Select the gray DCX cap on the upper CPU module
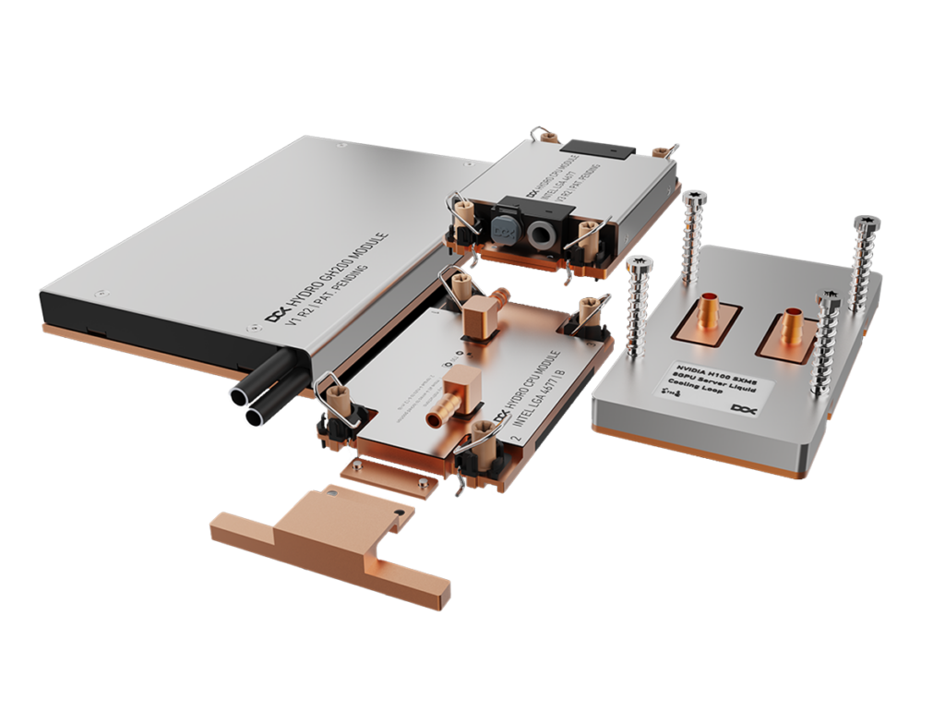click(504, 228)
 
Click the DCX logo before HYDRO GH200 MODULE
click(275, 315)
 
